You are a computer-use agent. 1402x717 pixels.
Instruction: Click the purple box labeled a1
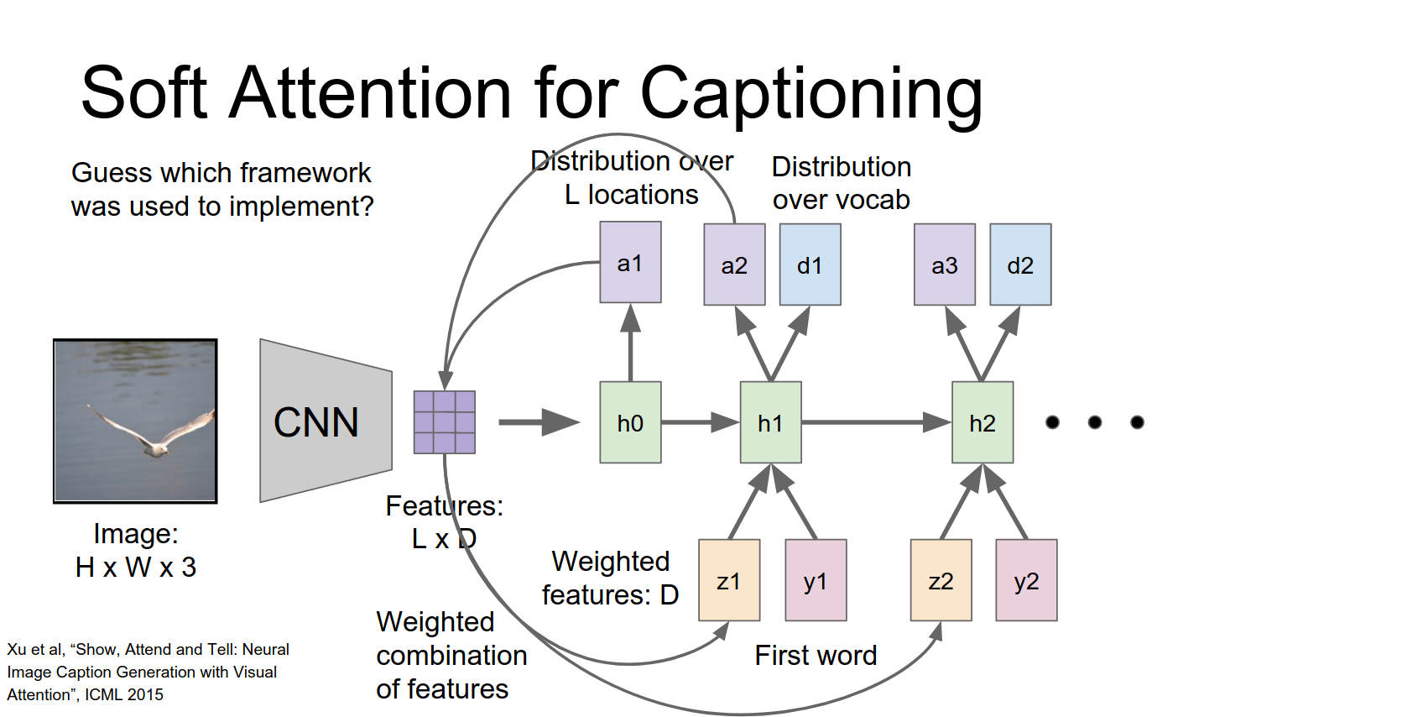point(630,263)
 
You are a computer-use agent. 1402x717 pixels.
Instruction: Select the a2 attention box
point(734,264)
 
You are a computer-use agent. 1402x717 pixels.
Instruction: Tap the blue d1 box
point(810,264)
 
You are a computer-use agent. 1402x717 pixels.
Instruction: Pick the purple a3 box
point(944,264)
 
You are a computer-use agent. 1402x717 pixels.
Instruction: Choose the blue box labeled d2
point(1020,264)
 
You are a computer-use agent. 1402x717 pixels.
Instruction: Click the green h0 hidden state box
point(630,422)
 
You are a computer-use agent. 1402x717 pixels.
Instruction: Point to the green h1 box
point(770,422)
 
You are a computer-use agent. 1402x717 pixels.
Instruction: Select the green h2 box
point(982,422)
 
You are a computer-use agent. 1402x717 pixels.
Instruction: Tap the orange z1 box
point(729,580)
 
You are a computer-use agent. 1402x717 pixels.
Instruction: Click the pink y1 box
point(816,580)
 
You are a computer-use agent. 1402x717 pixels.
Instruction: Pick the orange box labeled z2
point(941,580)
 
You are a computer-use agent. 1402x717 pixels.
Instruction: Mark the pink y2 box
point(1026,580)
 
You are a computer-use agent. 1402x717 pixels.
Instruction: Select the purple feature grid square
point(445,422)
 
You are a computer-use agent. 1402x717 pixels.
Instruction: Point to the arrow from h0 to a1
point(630,344)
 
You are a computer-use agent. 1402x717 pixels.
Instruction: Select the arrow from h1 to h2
point(876,422)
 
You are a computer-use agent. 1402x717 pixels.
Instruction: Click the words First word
point(816,655)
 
